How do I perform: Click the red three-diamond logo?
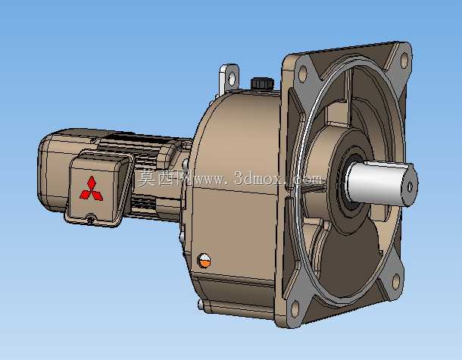(x=92, y=189)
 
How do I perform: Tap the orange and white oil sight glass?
(x=204, y=261)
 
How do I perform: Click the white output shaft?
(x=382, y=183)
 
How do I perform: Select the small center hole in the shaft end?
(x=410, y=186)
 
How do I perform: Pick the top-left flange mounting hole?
(x=303, y=74)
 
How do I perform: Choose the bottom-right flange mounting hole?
(x=396, y=282)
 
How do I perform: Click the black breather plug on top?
(x=262, y=83)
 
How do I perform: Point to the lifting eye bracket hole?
(x=232, y=77)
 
